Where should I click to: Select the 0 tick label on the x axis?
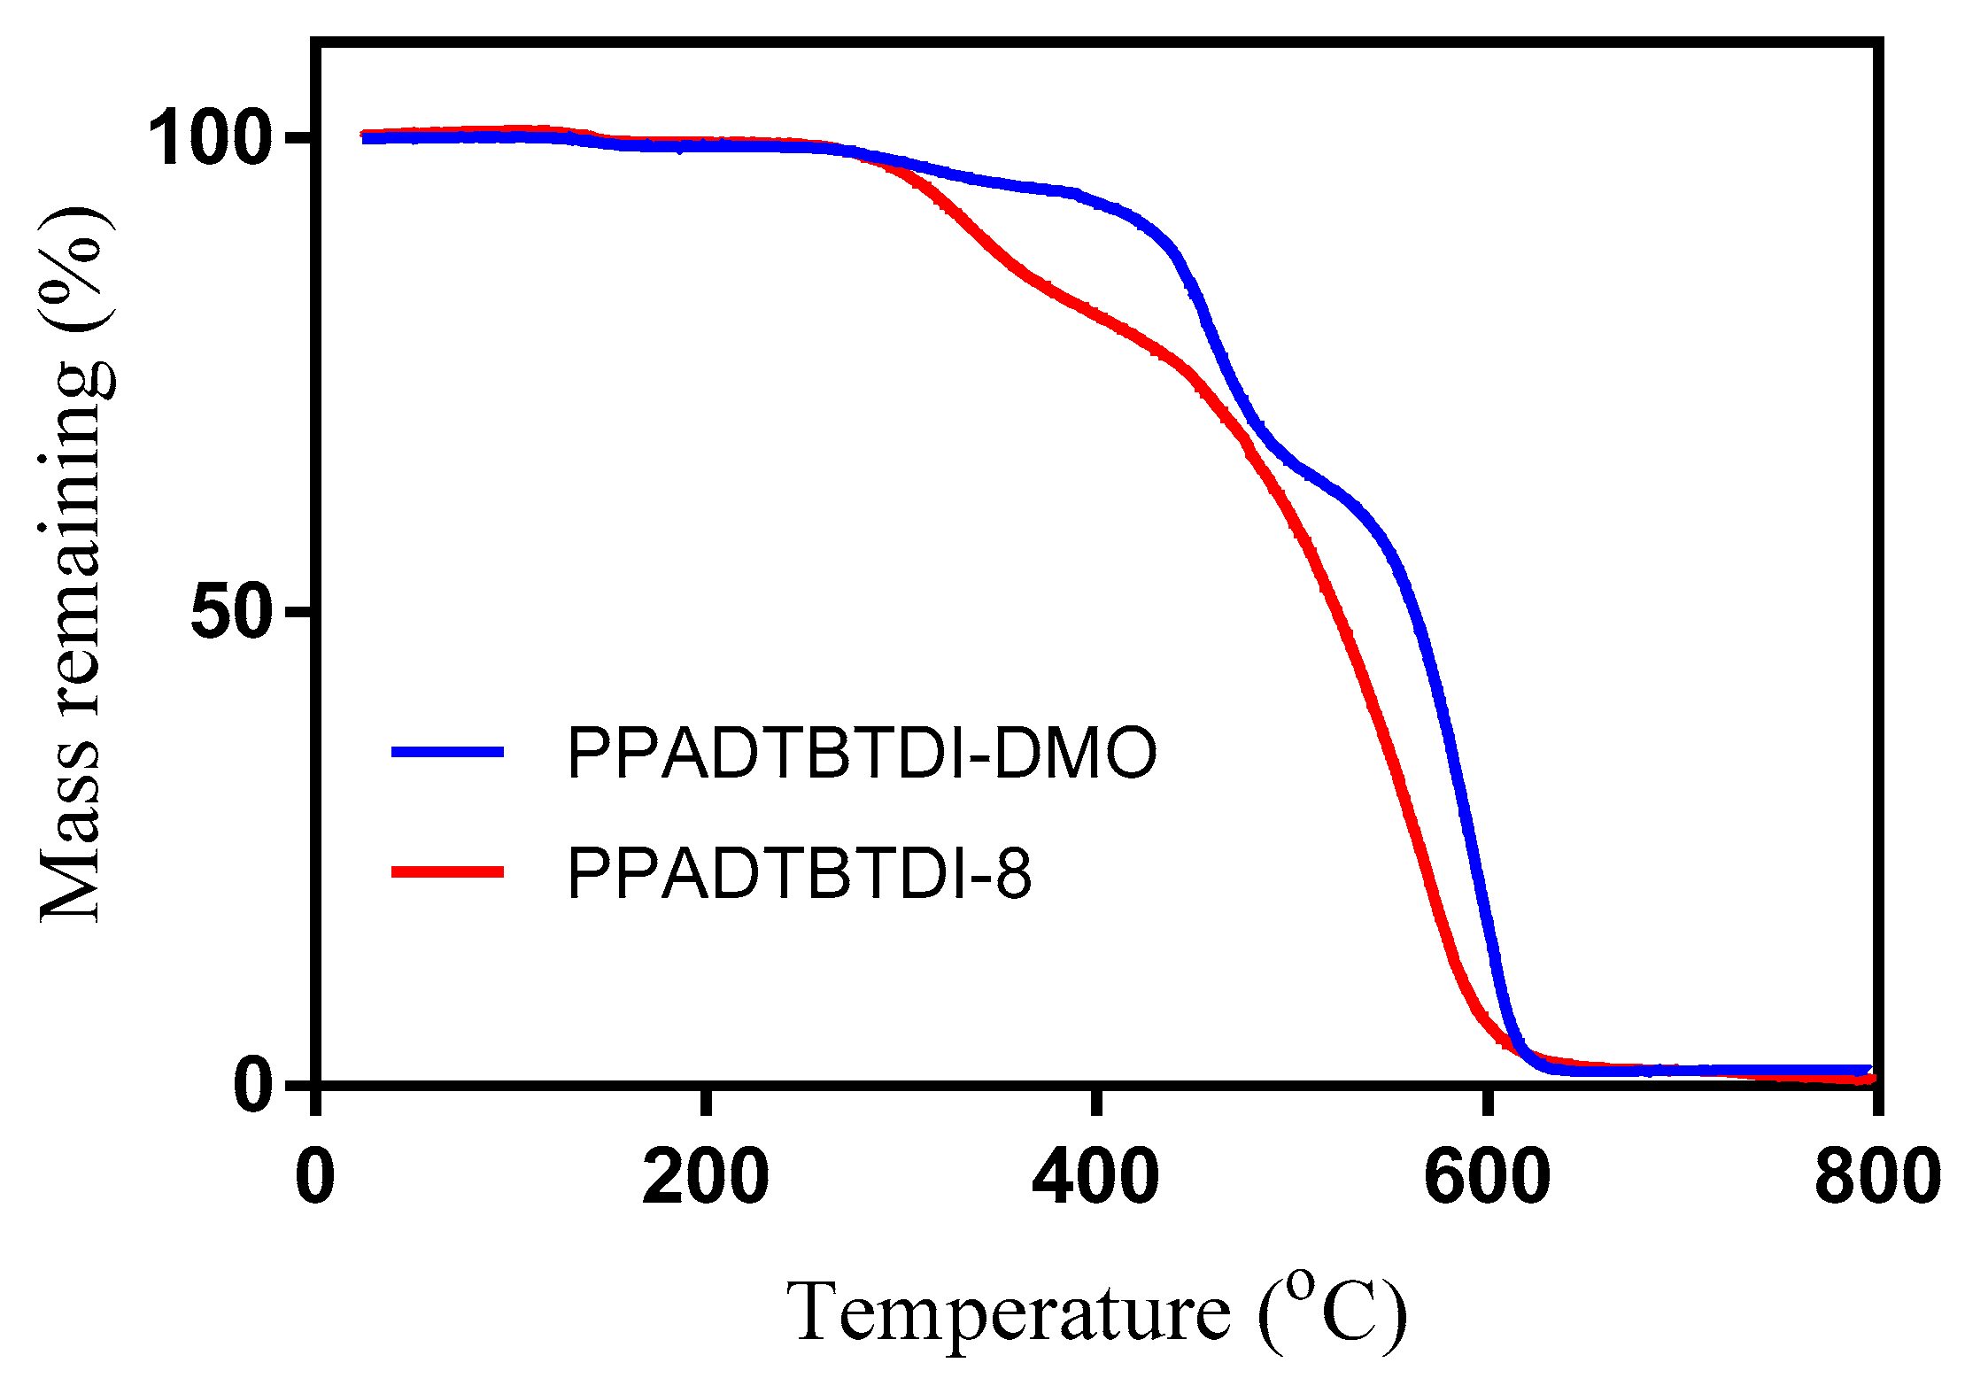[x=315, y=1178]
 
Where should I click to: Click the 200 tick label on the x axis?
[x=705, y=1178]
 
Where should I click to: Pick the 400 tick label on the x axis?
[x=1095, y=1178]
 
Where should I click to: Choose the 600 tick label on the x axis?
[x=1486, y=1178]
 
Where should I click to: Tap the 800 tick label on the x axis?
[x=1876, y=1178]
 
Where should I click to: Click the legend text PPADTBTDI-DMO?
[x=862, y=754]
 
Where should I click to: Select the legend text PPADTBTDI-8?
[x=799, y=874]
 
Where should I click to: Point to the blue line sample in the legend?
[x=448, y=752]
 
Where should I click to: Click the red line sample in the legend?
[x=448, y=872]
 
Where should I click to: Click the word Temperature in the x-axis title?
[x=1009, y=1313]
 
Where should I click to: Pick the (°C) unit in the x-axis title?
[x=1333, y=1313]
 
